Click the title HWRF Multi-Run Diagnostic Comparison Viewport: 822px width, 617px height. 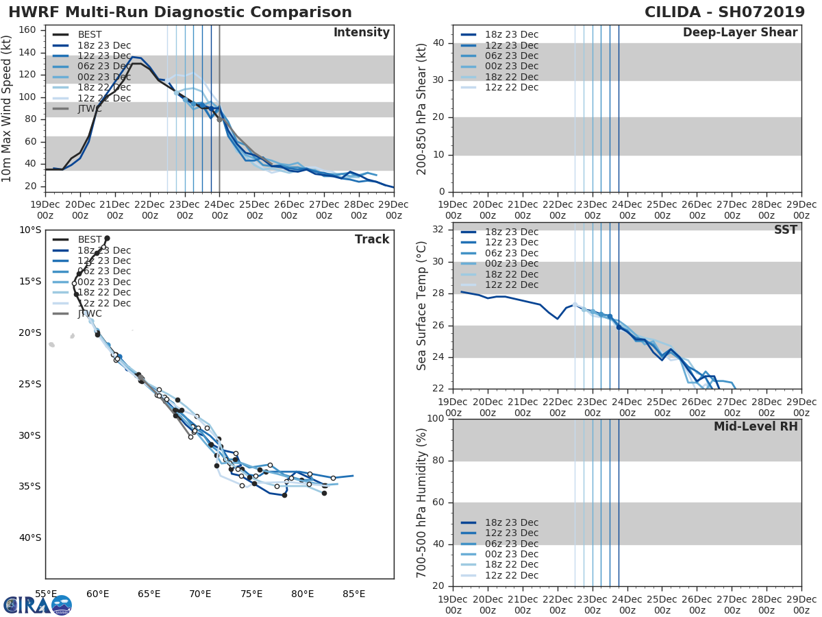(180, 12)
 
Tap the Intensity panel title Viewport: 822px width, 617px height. (361, 33)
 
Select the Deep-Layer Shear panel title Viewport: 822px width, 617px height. (740, 33)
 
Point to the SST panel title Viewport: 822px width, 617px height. (786, 230)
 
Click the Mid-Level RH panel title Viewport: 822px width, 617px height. (756, 426)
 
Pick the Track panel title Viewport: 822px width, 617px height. (372, 239)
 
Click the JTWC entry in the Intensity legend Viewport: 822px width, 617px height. (90, 109)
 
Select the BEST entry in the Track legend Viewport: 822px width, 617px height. (90, 240)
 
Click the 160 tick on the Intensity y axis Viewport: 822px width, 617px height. (27, 30)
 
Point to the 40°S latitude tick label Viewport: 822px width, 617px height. (30, 537)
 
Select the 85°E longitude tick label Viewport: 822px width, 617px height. (353, 594)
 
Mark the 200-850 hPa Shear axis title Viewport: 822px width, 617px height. (423, 109)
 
